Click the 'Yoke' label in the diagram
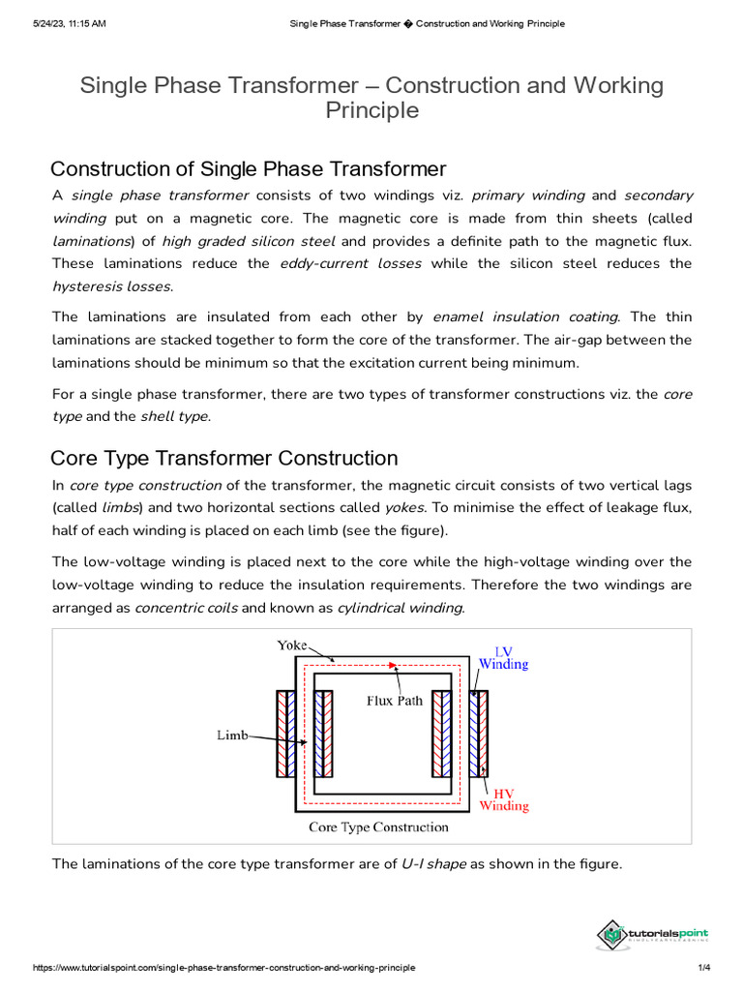tap(292, 645)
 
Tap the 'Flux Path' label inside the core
tap(394, 701)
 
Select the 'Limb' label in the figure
tap(232, 736)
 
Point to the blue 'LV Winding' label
tap(503, 657)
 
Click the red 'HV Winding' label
tap(504, 798)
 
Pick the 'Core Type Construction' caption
tap(378, 827)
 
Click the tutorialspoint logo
tap(653, 934)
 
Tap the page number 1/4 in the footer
tap(704, 968)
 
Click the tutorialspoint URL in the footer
tap(223, 968)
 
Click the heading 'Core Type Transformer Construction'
tap(223, 458)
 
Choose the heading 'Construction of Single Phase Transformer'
tap(248, 169)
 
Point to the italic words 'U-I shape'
tap(433, 863)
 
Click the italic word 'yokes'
tap(404, 507)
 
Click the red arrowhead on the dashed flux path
tap(392, 666)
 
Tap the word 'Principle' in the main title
tap(371, 110)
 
